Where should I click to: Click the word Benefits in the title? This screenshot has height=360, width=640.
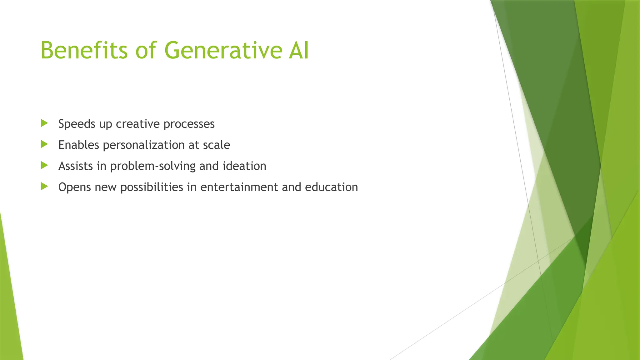(84, 50)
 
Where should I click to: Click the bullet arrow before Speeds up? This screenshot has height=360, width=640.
(44, 123)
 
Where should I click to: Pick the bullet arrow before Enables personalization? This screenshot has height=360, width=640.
(44, 144)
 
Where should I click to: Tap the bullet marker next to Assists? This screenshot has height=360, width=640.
(44, 165)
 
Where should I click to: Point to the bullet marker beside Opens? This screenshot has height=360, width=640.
(44, 187)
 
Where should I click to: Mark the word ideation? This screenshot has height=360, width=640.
(244, 166)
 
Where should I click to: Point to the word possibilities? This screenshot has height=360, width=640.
(152, 187)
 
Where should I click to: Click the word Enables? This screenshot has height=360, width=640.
(78, 145)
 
